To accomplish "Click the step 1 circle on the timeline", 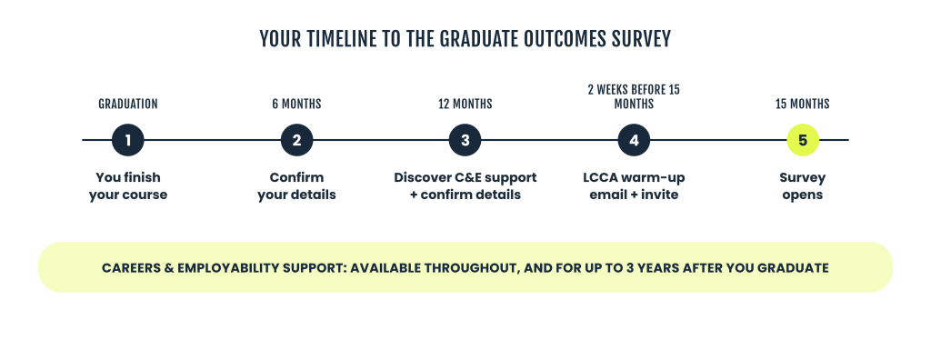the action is tap(127, 140).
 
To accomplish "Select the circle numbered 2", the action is tap(297, 140).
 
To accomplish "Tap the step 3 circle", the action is tap(465, 140).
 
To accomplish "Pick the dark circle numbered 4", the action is tap(634, 140).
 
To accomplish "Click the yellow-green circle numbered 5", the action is tap(803, 140).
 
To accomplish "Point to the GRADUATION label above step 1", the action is tap(128, 104).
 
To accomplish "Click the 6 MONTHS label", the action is tap(297, 104).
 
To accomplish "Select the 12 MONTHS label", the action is tap(465, 104).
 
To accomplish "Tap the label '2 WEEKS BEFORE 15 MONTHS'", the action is tap(634, 97).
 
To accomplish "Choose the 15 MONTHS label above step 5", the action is tap(803, 104).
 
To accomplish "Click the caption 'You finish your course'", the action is tap(128, 186).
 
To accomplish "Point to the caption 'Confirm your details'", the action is tap(297, 186).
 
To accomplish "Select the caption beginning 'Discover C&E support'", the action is tap(465, 186).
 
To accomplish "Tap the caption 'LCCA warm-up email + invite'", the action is tap(634, 186).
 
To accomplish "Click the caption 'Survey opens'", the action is tap(803, 186).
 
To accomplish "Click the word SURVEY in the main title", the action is tap(643, 39).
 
